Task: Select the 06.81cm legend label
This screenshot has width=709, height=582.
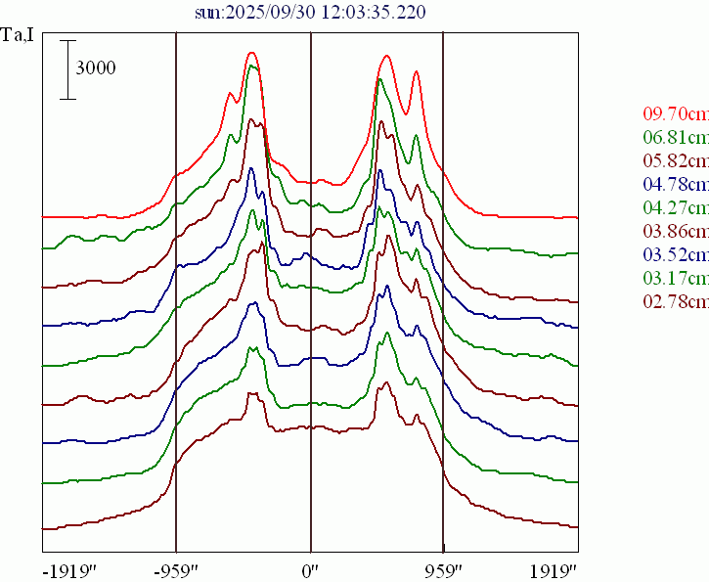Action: point(676,137)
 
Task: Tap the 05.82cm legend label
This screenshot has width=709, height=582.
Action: point(676,160)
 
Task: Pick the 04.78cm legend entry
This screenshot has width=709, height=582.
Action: point(676,184)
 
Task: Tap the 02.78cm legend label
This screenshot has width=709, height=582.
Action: point(676,301)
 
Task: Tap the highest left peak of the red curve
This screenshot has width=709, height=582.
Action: point(252,54)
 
